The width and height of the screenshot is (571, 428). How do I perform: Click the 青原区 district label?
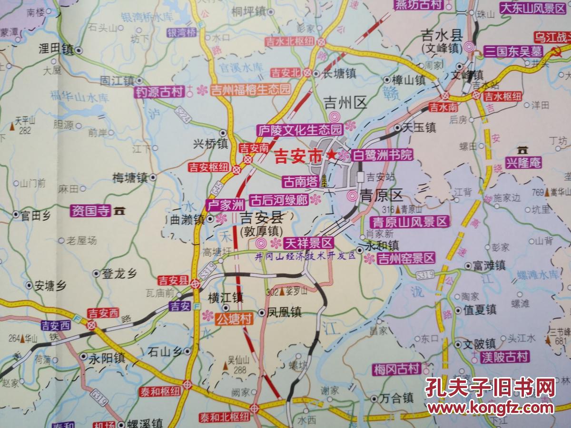[381, 195]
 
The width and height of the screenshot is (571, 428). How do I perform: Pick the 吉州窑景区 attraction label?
[406, 258]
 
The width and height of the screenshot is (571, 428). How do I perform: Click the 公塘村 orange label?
[234, 319]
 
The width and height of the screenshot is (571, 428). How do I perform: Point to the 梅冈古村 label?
[396, 369]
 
